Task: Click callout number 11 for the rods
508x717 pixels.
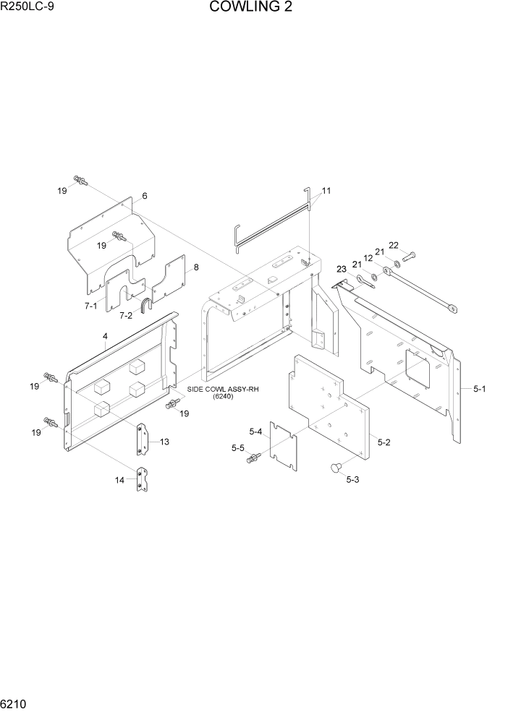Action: click(326, 192)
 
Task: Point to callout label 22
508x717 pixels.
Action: click(394, 246)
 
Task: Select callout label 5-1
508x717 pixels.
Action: click(479, 389)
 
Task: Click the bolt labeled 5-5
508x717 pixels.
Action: click(253, 458)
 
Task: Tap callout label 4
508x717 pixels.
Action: click(105, 337)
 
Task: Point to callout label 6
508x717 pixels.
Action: click(145, 197)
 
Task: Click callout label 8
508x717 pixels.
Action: click(195, 267)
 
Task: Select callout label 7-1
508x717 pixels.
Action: click(90, 306)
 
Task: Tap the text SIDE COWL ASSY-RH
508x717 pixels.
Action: click(223, 389)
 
